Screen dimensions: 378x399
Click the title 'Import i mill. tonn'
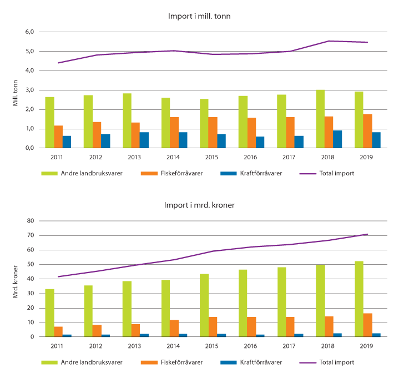point(199,17)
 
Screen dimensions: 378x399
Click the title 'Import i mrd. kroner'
point(199,205)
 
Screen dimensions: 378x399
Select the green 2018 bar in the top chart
point(321,119)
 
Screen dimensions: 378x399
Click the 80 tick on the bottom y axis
point(31,221)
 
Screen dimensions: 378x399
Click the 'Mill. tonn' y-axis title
point(16,90)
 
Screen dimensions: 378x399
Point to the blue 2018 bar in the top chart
point(337,139)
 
